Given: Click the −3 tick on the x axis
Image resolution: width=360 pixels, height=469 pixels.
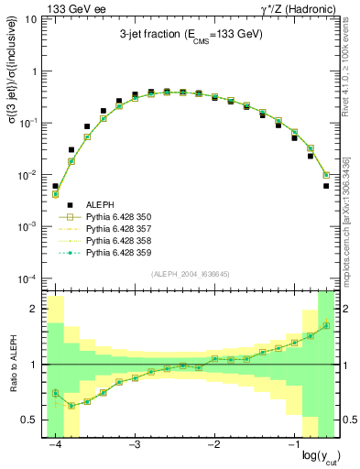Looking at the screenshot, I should [135, 445].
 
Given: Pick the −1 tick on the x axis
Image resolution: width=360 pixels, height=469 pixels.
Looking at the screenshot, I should [293, 445].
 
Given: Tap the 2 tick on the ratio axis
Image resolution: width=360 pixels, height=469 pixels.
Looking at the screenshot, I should [35, 310].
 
